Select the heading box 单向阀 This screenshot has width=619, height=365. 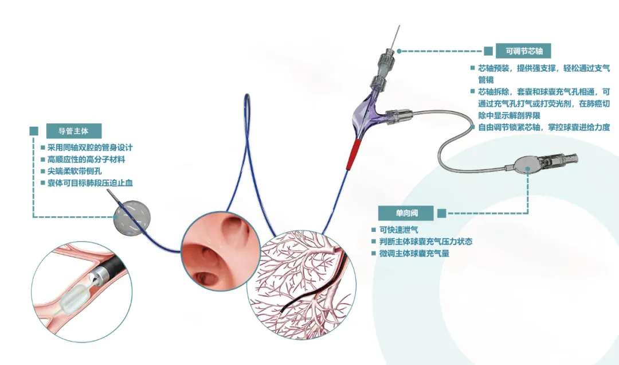(x=406, y=213)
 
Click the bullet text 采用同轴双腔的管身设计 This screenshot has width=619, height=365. (x=89, y=147)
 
